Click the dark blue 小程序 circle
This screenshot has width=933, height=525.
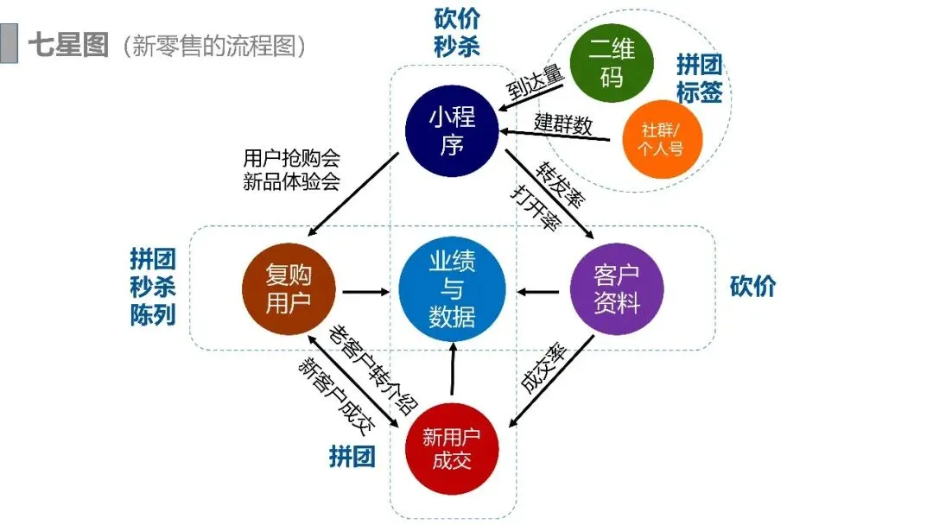452,130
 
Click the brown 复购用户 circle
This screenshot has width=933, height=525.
289,290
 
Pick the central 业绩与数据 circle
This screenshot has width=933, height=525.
452,290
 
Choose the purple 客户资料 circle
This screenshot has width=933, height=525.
617,290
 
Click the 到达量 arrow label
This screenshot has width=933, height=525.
536,85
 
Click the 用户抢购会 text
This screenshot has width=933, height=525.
291,158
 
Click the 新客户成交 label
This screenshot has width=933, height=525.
338,393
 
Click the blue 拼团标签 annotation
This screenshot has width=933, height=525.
699,79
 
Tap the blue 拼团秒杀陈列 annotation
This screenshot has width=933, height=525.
153,286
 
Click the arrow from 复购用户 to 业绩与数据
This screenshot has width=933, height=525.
365,291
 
